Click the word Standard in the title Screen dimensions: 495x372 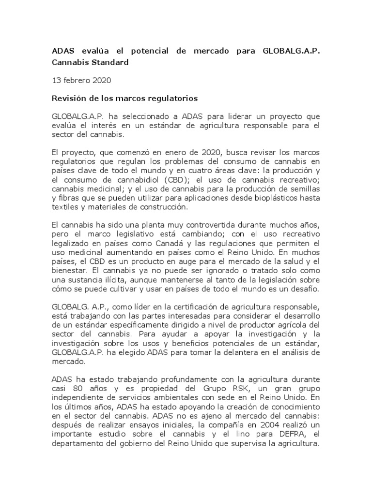coord(108,62)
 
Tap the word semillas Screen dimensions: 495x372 coord(302,188)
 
